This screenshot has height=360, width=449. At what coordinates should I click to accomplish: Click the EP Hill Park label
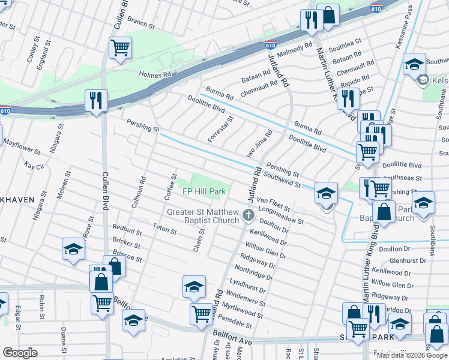[x=204, y=192]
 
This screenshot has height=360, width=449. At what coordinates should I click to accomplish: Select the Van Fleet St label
[x=273, y=204]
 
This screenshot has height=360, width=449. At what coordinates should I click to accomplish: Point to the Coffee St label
[x=170, y=188]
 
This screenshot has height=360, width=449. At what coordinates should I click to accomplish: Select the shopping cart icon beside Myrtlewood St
[x=201, y=313]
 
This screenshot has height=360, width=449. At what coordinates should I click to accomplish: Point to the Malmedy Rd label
[x=294, y=48]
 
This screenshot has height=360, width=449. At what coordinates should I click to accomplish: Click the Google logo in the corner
[x=20, y=353]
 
